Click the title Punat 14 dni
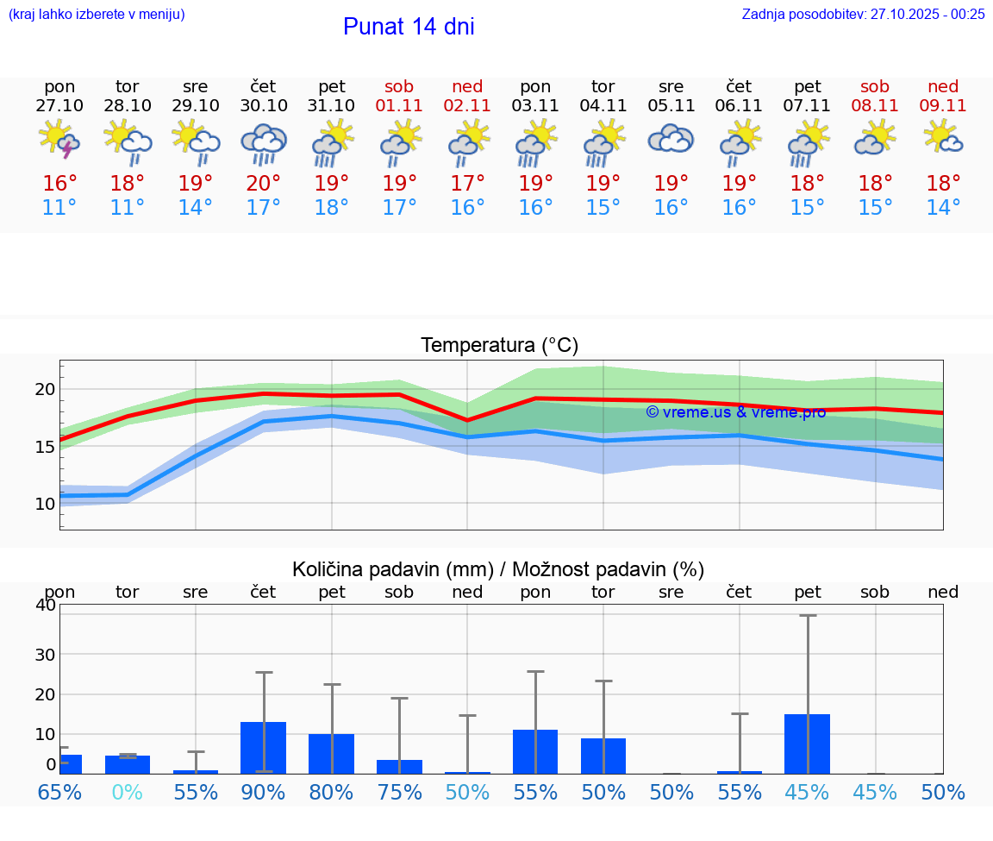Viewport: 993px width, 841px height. [x=409, y=27]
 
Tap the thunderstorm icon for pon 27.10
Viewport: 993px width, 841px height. [x=59, y=140]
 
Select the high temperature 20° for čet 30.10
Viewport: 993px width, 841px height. [x=264, y=184]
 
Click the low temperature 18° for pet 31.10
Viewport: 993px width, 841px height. [x=332, y=208]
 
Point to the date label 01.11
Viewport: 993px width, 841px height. [x=399, y=105]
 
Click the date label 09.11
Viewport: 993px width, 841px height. [x=943, y=105]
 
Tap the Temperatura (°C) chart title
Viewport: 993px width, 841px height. [x=499, y=345]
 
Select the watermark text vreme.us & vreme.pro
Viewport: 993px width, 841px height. [x=735, y=412]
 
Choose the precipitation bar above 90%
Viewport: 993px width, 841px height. [x=264, y=747]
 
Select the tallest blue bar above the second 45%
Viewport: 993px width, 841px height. [x=807, y=744]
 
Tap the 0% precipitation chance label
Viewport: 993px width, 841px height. [x=128, y=792]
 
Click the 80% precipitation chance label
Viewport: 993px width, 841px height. [x=332, y=792]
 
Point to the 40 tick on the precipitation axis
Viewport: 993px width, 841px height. [x=45, y=605]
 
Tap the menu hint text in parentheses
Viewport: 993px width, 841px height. [x=97, y=14]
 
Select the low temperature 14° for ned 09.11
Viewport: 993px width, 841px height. [x=943, y=208]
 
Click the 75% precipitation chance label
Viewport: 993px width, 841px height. [x=399, y=792]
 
